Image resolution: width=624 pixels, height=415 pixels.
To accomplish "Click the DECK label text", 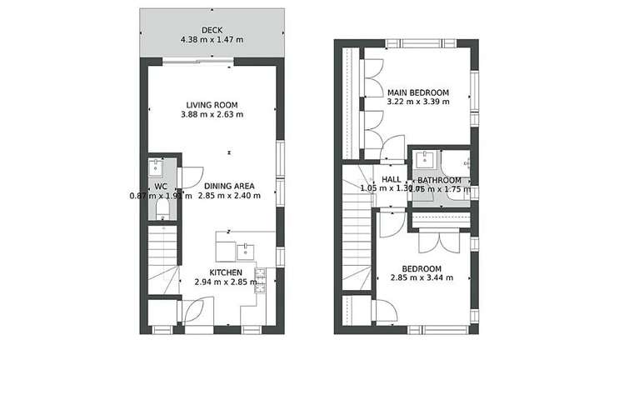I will (x=211, y=28).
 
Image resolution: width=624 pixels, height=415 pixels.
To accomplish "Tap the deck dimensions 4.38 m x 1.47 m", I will (x=211, y=38).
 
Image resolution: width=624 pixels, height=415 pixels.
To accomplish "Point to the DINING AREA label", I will (x=229, y=186).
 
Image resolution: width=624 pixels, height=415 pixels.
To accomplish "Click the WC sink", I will (x=162, y=166).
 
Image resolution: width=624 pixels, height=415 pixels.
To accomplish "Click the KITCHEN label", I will (x=225, y=272).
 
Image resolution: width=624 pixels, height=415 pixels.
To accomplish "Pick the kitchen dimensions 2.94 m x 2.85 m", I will (x=225, y=282).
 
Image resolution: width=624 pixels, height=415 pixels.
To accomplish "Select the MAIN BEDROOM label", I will (x=418, y=92).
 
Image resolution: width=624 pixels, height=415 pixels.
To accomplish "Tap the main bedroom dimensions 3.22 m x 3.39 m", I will (x=418, y=102).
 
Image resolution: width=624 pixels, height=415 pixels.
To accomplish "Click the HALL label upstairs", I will (x=392, y=179).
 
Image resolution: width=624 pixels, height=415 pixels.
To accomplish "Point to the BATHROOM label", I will (x=439, y=180).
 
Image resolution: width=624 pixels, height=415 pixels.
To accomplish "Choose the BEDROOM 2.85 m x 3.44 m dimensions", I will (x=422, y=278).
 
